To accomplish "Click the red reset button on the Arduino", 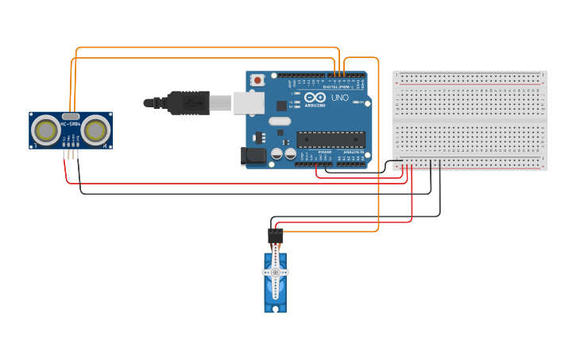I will [257, 80].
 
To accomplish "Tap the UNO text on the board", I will [339, 98].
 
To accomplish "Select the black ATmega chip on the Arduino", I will [331, 139].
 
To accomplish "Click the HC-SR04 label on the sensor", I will [70, 124].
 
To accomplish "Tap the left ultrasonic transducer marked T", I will [45, 130].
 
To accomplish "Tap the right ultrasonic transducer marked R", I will [96, 130].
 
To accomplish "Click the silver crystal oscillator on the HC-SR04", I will [71, 116].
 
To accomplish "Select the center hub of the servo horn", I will [276, 273].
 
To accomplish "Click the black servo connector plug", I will [276, 236].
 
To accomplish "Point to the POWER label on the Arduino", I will [325, 152].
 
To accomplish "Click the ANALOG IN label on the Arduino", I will [353, 152].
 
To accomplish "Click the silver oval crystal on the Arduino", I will [279, 122].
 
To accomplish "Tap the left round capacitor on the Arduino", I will [277, 154].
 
